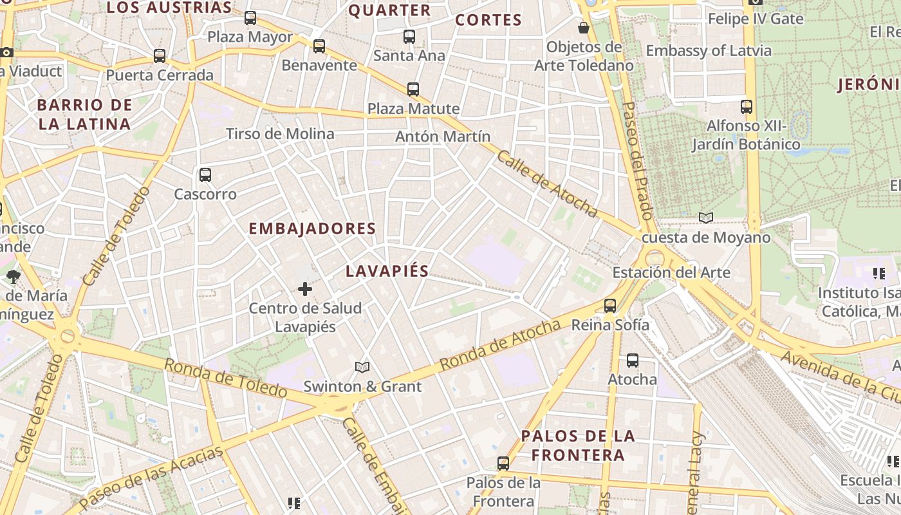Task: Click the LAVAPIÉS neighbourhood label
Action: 387,271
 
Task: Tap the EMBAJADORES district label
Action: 312,229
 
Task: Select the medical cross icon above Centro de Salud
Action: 305,290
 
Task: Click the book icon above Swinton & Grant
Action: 362,367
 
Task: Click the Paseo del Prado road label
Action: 638,160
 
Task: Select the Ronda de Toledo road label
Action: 225,378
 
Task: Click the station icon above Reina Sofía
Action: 610,306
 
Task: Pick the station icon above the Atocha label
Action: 633,360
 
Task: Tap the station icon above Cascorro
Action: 205,174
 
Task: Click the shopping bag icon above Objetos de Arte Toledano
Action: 584,28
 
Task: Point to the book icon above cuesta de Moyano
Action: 706,218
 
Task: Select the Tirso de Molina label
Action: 280,134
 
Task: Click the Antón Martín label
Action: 443,136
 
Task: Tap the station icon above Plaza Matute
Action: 413,89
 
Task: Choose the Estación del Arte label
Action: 671,272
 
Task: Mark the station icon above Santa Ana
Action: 409,36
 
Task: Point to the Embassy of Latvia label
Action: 709,51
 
